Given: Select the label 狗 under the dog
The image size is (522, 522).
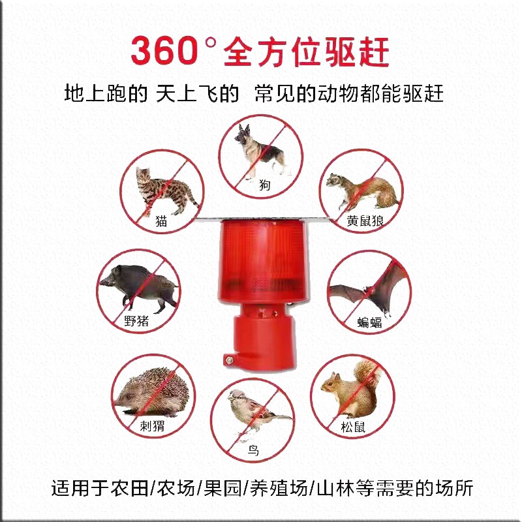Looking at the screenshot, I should [264, 186].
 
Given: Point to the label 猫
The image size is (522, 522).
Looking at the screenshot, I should [161, 221].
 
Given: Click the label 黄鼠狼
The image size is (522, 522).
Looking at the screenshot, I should [365, 221].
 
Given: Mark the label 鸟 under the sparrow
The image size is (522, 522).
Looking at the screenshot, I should [253, 450].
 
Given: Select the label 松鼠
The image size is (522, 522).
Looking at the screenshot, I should [352, 428].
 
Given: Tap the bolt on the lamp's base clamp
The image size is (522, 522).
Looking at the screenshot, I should [230, 358].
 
